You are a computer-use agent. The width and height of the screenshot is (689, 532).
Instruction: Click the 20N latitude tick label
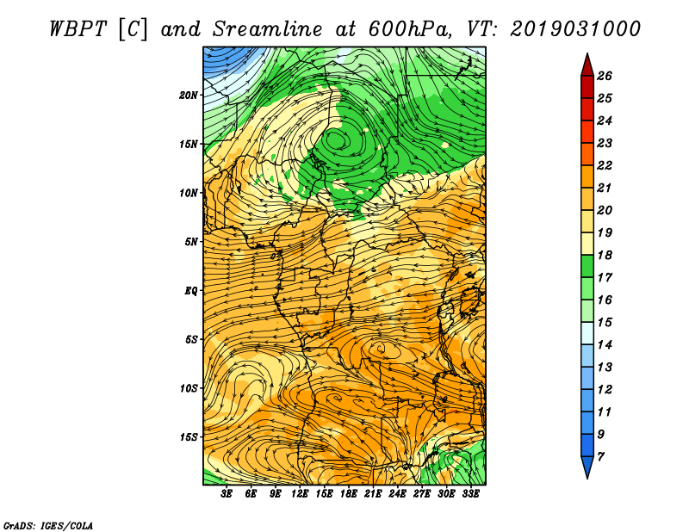pos(189,96)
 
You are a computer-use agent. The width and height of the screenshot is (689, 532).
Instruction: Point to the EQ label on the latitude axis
pos(191,291)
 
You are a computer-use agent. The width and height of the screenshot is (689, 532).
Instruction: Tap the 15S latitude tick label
pos(189,437)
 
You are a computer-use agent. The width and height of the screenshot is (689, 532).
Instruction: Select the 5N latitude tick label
pos(191,242)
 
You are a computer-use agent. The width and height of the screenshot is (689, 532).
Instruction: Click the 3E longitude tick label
pos(227,494)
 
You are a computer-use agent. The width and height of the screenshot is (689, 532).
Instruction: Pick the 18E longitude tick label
pos(349,494)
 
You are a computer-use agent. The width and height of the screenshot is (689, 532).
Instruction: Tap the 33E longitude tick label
pos(470,494)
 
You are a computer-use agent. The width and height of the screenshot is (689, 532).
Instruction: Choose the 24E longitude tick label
pos(397,494)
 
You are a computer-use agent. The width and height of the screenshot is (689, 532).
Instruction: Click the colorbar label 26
pos(605,76)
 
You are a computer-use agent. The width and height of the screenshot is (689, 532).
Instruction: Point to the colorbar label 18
pos(605,255)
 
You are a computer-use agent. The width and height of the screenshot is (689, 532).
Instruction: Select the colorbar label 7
pos(600,457)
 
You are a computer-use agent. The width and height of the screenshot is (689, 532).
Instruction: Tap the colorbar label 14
pos(605,345)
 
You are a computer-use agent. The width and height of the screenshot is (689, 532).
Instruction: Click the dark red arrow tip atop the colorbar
pos(587,53)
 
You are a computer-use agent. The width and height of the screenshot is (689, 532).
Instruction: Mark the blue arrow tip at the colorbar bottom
pos(587,478)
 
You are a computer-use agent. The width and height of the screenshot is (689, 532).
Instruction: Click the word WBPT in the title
pos(78,29)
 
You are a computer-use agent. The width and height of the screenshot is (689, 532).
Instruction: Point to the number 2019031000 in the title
pos(575,29)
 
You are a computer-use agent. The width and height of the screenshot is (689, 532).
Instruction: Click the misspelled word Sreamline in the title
pos(268,29)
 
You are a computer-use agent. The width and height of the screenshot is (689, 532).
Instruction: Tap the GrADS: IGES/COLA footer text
pos(48,526)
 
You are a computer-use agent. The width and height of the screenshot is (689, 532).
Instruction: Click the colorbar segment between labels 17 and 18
pos(587,266)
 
